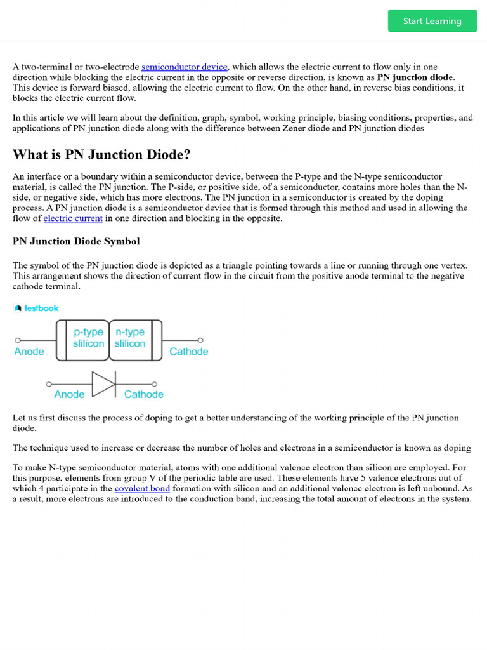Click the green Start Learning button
tap(432, 21)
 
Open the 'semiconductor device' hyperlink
tap(185, 67)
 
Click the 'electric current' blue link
tap(73, 218)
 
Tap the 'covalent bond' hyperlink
tap(142, 488)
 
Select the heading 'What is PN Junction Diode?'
tap(101, 155)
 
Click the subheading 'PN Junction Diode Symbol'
tap(76, 241)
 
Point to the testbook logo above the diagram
tap(36, 308)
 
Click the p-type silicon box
tap(88, 338)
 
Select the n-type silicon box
tap(130, 338)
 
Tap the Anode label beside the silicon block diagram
tap(29, 352)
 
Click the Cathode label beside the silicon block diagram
tap(188, 352)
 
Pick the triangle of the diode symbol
tap(103, 384)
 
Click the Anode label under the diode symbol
tap(69, 394)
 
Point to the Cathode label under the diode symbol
tap(143, 394)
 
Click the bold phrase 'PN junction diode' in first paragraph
tap(415, 77)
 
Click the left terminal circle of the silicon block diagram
tap(17, 340)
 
